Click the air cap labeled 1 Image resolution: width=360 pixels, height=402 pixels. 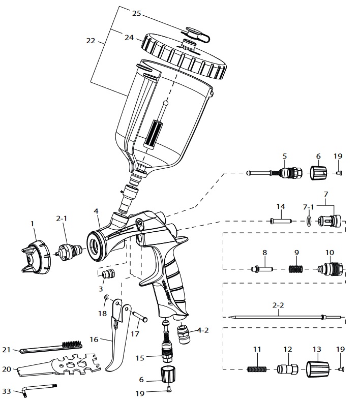[x=35, y=258]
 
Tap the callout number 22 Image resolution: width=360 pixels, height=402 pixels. [x=91, y=41]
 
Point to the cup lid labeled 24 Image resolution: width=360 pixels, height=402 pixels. [x=185, y=56]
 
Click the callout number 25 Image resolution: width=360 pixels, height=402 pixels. [x=136, y=13]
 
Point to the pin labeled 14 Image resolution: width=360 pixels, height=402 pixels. [x=280, y=221]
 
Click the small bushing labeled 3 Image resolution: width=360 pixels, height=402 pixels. [x=108, y=275]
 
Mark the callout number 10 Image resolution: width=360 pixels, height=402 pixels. [x=329, y=252]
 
